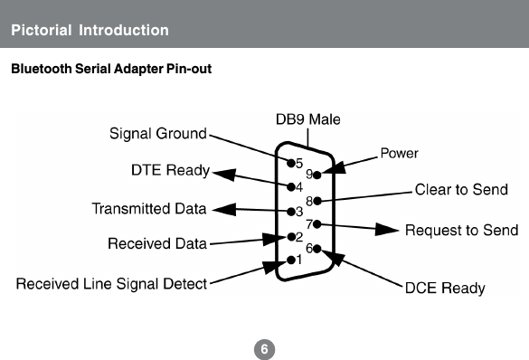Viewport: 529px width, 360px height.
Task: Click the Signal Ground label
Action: pos(158,135)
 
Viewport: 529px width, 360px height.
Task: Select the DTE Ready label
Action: pos(171,170)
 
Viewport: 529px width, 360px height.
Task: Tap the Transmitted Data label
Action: pos(149,209)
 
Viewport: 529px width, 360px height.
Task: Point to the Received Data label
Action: pos(157,243)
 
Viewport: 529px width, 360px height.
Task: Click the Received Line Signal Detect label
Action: pos(112,284)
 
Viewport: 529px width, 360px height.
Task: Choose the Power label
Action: pos(399,153)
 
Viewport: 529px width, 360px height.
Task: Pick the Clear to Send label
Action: pos(461,190)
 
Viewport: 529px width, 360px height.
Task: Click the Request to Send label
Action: pos(461,230)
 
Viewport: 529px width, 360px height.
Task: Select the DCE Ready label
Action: pos(444,289)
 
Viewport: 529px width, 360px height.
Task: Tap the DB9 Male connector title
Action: pos(307,118)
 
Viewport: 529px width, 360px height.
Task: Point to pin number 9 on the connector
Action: pos(308,174)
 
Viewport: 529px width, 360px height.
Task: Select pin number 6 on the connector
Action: pos(309,248)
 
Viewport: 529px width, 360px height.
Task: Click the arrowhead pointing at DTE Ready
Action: pos(224,175)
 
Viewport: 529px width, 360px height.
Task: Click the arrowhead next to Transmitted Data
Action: pos(222,210)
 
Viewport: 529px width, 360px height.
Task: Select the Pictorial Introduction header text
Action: pos(90,30)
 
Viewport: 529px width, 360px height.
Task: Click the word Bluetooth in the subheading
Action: pos(39,70)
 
